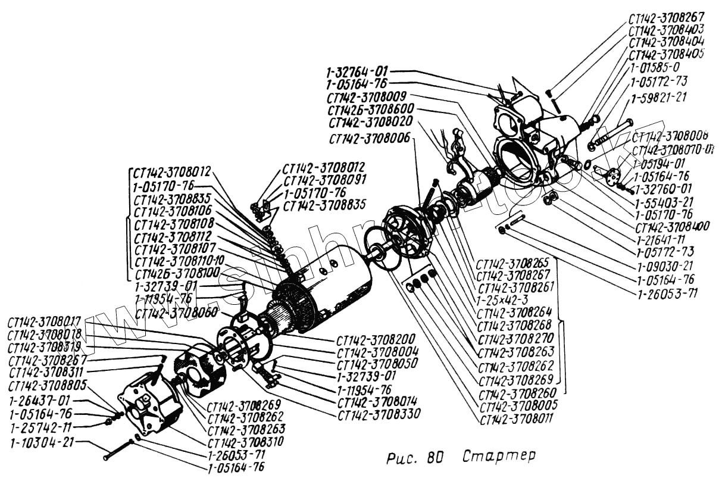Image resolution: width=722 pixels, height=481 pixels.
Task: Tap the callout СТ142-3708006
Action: coord(369,138)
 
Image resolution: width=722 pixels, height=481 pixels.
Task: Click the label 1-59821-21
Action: coord(659,97)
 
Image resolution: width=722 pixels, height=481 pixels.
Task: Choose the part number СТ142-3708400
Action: coord(673,227)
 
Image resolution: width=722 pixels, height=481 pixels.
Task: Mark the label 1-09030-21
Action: coord(665,266)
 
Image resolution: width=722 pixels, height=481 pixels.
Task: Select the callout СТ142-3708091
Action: coord(324,180)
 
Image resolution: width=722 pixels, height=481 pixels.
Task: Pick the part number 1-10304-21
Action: coord(41,443)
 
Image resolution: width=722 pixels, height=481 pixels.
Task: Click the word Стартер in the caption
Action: coord(499,457)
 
